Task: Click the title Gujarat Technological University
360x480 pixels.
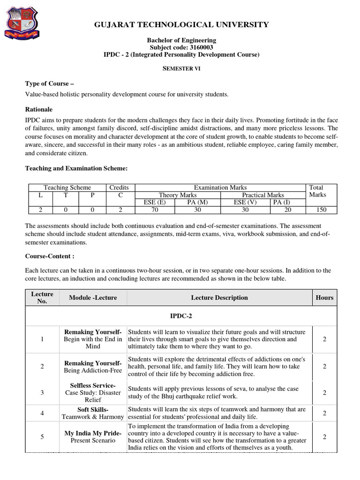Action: (x=180, y=24)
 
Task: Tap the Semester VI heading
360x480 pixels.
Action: (x=180, y=68)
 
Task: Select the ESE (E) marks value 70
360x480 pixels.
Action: (x=155, y=210)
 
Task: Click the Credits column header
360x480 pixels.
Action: (x=119, y=187)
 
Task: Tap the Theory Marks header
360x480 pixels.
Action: (x=178, y=195)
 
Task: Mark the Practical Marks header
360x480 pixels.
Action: (x=262, y=195)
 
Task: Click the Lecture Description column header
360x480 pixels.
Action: (x=219, y=298)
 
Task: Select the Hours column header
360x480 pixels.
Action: (x=324, y=298)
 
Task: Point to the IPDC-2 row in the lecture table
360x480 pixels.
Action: (x=180, y=316)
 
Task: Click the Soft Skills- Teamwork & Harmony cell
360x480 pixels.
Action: (x=93, y=413)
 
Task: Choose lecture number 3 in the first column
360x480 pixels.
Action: (x=42, y=392)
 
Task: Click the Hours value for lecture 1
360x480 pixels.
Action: (x=324, y=339)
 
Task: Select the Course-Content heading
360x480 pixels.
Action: (x=49, y=256)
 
